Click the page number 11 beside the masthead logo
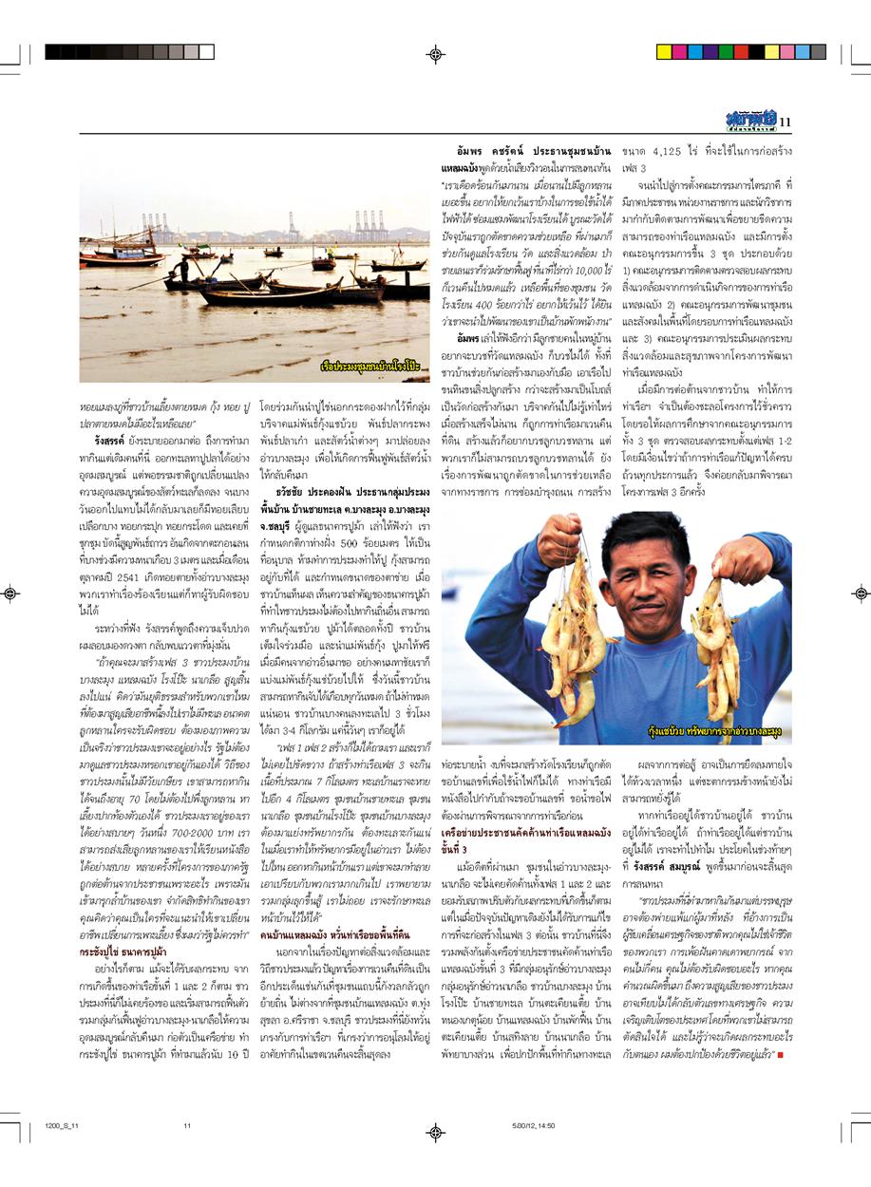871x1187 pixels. (786, 121)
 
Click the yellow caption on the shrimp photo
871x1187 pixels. (723, 733)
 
